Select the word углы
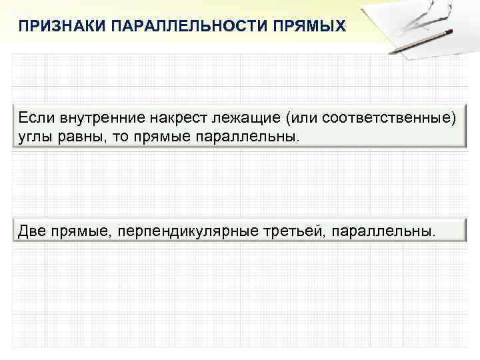click(x=34, y=137)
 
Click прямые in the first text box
click(x=161, y=137)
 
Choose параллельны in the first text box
click(x=247, y=137)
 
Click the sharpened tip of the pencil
click(x=392, y=52)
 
